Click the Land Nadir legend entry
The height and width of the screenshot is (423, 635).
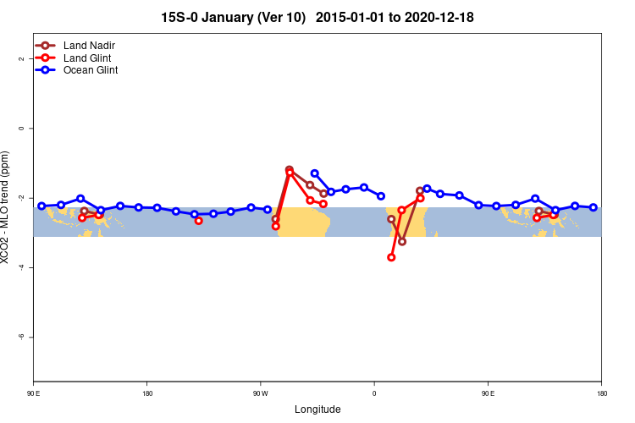[89, 45]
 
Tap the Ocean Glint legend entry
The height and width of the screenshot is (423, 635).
[90, 70]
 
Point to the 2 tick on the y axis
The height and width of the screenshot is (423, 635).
[23, 58]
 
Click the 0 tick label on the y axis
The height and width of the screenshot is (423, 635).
[23, 128]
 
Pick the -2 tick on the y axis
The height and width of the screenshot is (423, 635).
[23, 197]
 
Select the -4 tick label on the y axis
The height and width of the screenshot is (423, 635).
[23, 267]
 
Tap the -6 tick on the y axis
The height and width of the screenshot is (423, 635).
[23, 337]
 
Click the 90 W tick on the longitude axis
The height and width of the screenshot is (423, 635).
[260, 393]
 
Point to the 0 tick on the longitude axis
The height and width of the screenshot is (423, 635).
[374, 393]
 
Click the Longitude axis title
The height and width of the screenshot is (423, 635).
[317, 409]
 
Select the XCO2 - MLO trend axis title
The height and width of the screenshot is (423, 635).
[7, 207]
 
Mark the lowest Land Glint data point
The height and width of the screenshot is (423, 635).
[391, 257]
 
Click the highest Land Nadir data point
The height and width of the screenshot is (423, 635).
[290, 170]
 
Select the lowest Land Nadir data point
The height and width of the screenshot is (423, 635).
[402, 242]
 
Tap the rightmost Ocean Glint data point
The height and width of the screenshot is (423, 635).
[594, 207]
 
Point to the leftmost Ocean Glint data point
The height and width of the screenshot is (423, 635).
[41, 206]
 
